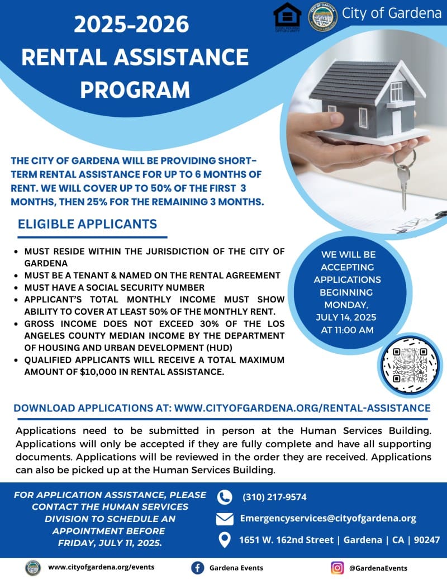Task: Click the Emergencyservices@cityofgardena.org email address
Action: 328,518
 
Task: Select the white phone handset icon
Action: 224,497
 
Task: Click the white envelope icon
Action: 224,519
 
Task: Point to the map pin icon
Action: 224,540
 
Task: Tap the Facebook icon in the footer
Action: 197,568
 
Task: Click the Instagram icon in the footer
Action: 337,568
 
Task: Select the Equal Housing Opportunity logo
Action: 287,16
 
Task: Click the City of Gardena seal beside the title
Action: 323,16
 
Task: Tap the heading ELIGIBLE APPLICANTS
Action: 88,224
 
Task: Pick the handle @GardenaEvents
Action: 378,568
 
